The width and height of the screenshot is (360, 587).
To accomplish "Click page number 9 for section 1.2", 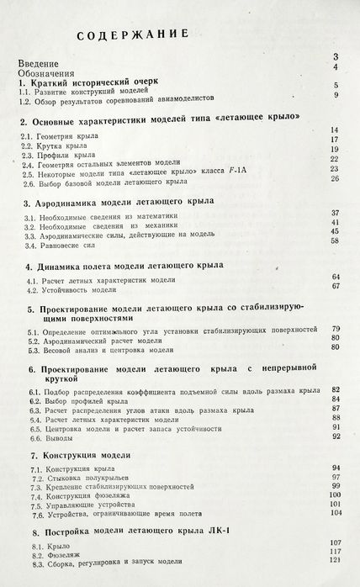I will [336, 96].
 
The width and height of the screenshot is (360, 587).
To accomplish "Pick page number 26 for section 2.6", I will [334, 178].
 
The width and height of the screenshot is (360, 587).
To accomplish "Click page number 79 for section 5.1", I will [334, 326].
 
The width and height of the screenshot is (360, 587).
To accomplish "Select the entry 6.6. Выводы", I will [51, 437].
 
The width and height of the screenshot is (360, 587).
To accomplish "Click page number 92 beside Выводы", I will [334, 436].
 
